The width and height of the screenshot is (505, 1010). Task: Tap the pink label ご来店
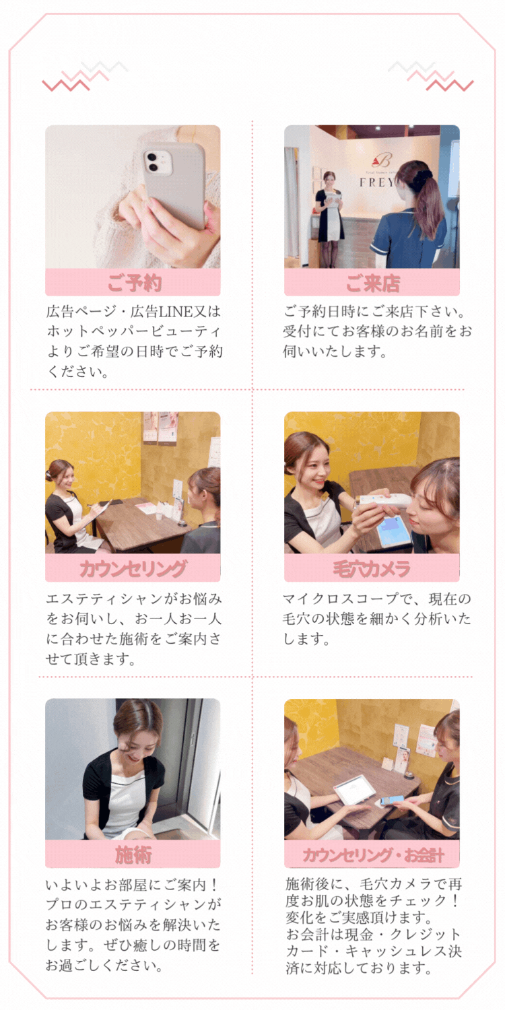pyautogui.click(x=372, y=283)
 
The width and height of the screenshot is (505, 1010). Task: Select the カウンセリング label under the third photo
pyautogui.click(x=133, y=568)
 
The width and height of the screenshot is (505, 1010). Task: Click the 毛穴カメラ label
pyautogui.click(x=372, y=568)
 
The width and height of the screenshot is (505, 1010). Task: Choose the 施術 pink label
pyautogui.click(x=133, y=854)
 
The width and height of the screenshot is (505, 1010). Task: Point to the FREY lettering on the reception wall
pyautogui.click(x=377, y=182)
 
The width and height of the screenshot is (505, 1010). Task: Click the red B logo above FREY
pyautogui.click(x=382, y=160)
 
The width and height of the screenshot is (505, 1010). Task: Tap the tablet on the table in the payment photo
pyautogui.click(x=354, y=789)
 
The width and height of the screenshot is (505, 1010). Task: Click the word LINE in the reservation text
pyautogui.click(x=175, y=312)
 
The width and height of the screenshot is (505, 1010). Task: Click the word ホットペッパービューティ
pyautogui.click(x=134, y=331)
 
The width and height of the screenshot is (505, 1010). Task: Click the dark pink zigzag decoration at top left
pyautogui.click(x=65, y=85)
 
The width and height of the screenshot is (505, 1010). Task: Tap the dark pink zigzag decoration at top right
pyautogui.click(x=450, y=85)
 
